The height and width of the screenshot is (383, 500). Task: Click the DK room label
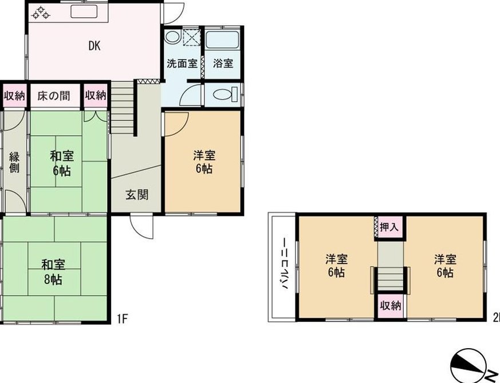tap(95, 46)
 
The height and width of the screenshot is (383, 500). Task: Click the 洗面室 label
tap(182, 64)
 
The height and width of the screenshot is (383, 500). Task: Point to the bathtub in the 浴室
tap(222, 40)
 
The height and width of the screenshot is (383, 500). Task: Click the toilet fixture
tap(225, 94)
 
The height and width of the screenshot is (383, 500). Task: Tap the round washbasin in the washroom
tap(173, 37)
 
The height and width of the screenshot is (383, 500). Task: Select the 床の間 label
tap(54, 96)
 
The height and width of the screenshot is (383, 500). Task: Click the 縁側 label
tap(14, 162)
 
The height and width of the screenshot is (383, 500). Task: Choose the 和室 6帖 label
tap(62, 164)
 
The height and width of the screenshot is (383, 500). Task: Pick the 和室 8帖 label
tap(53, 272)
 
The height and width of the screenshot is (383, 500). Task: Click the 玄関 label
tap(137, 195)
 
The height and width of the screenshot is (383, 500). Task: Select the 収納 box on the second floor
tap(390, 306)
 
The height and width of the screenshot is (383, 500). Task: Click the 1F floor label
tap(122, 318)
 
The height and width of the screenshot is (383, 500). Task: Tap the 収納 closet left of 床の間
tap(14, 96)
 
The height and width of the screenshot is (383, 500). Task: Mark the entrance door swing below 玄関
tap(142, 227)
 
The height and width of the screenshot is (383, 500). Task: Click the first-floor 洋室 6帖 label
tap(204, 162)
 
